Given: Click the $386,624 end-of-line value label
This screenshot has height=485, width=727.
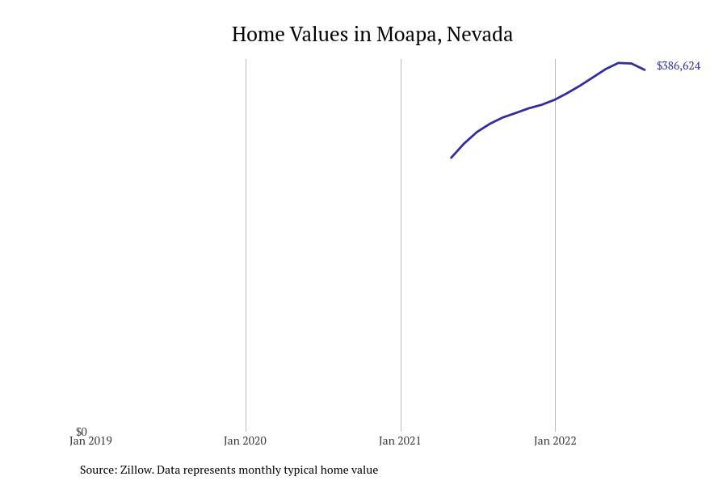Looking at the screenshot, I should (x=679, y=66).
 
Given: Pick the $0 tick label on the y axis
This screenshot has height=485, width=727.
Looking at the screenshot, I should (x=82, y=432).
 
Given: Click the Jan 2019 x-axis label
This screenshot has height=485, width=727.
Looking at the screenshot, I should (x=90, y=441).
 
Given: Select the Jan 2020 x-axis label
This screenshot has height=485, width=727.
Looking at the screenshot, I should (x=245, y=441).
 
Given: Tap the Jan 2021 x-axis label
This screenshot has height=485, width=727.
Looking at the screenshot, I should (x=400, y=441).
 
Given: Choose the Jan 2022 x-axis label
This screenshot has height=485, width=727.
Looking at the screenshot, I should (x=555, y=441).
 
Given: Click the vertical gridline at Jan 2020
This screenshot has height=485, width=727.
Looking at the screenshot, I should (x=246, y=242).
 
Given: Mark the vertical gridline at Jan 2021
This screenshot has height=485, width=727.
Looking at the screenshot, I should (x=401, y=242).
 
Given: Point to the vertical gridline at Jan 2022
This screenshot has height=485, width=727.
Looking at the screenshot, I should (x=555, y=242).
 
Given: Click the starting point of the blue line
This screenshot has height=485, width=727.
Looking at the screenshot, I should (x=452, y=158).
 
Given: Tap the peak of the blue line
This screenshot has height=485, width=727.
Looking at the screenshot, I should (x=619, y=62).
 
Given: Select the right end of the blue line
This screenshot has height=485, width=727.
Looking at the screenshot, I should (x=645, y=70).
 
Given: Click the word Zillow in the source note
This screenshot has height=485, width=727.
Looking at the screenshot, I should (x=137, y=470).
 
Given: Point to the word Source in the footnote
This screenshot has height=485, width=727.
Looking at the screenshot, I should (x=98, y=470).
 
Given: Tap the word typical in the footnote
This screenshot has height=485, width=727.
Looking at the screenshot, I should (x=299, y=470).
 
